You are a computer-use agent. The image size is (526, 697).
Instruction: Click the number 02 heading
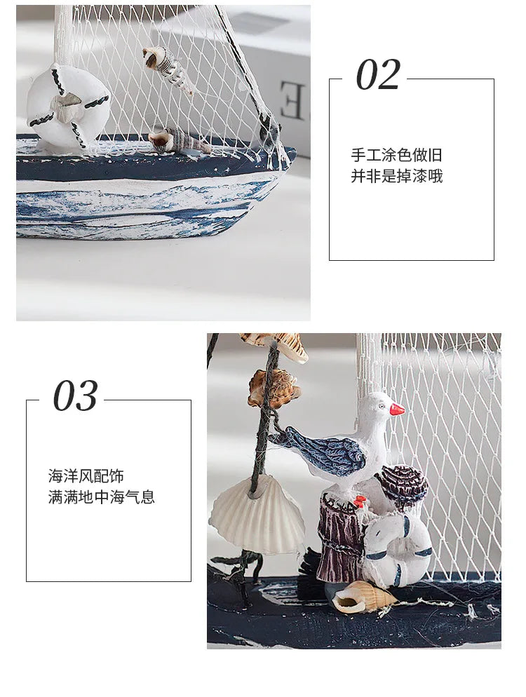(379, 75)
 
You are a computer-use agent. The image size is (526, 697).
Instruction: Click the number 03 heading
(75, 395)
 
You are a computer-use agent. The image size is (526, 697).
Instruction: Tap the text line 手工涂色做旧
(397, 155)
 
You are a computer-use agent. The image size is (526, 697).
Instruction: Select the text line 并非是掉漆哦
(397, 176)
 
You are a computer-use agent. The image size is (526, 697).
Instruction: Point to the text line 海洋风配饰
(86, 476)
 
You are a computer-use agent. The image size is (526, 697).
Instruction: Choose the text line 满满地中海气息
(102, 496)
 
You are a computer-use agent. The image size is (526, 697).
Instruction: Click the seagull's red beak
(397, 409)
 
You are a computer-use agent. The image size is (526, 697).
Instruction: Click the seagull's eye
(382, 406)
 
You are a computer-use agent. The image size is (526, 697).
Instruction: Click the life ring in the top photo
(69, 104)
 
